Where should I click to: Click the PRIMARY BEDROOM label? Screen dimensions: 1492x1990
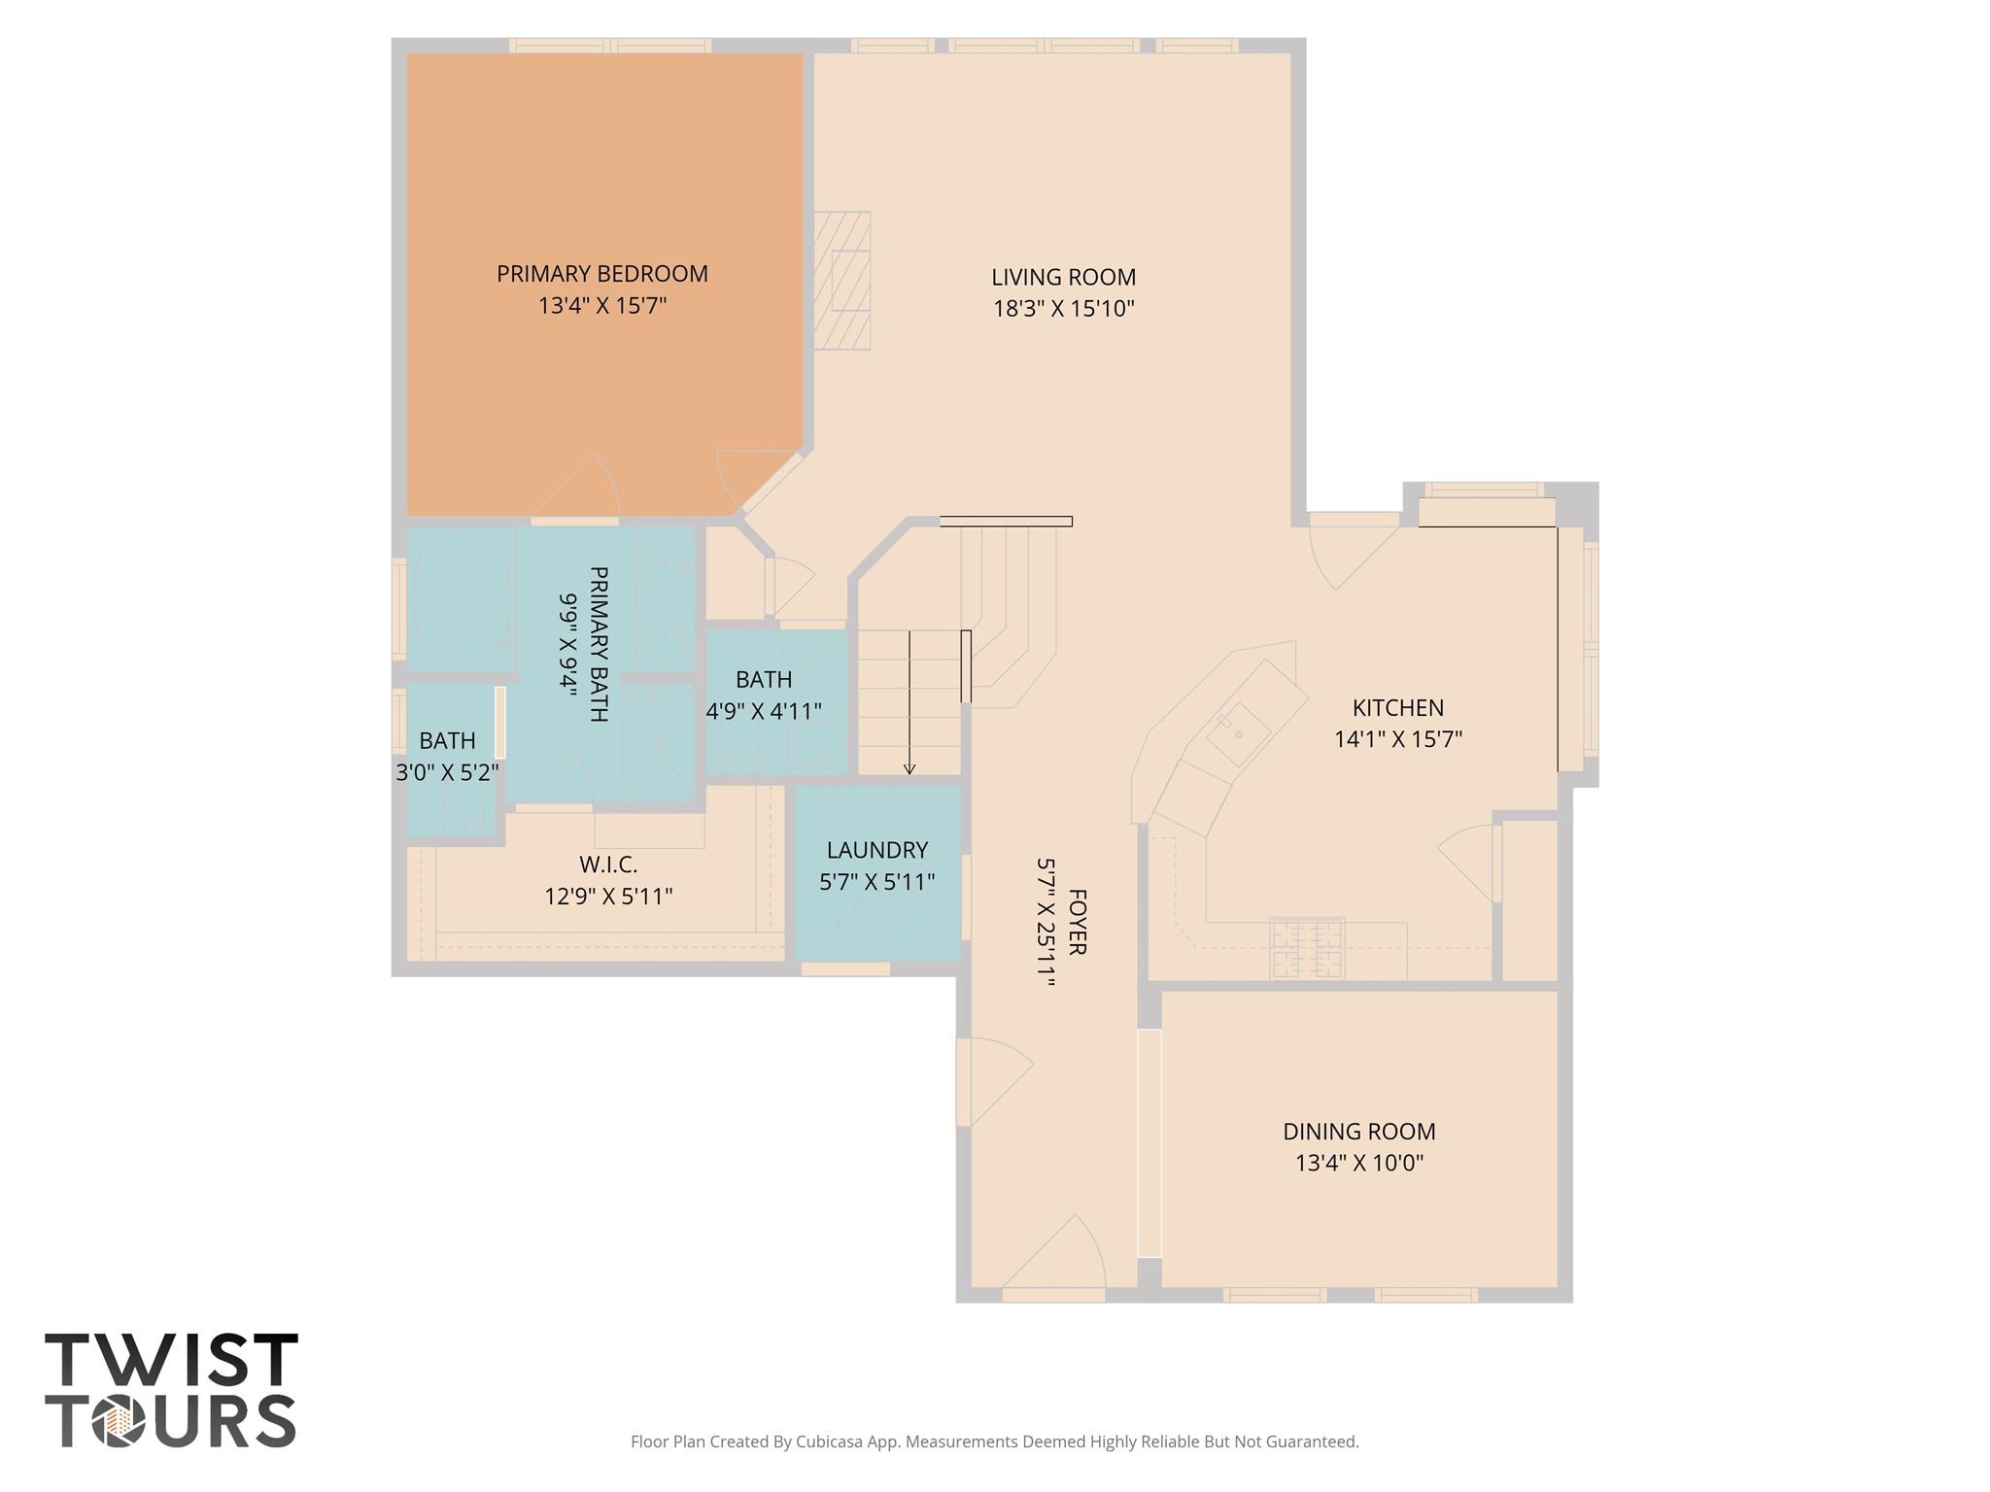[601, 274]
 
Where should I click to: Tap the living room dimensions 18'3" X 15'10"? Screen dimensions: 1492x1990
[1063, 309]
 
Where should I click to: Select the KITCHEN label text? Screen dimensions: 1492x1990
[1397, 708]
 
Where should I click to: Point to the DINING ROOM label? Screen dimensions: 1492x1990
[1358, 1132]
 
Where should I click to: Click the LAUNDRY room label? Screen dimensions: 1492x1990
[876, 850]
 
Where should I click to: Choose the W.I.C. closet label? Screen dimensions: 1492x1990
[608, 865]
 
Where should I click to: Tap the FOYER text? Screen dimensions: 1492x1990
[1077, 922]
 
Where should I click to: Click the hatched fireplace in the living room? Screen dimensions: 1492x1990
[841, 281]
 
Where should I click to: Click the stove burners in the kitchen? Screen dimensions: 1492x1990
[1307, 948]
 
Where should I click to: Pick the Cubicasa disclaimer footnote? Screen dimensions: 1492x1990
[994, 1441]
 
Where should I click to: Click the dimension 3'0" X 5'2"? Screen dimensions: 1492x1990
[447, 773]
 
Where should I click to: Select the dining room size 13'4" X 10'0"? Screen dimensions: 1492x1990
[1358, 1163]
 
